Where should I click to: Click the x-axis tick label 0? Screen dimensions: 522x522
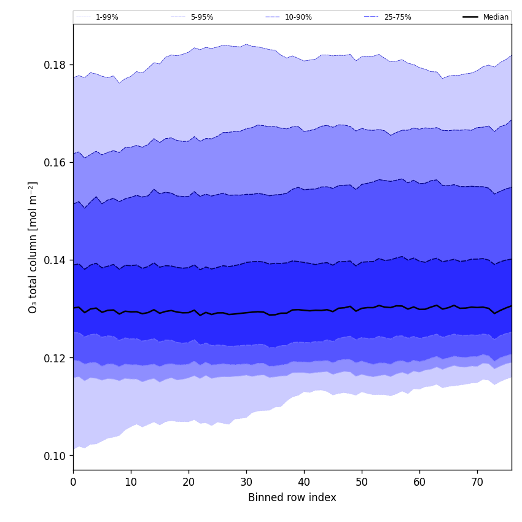coord(73,482)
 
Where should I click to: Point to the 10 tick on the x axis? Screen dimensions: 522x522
coord(131,482)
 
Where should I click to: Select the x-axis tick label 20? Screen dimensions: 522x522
coord(189,482)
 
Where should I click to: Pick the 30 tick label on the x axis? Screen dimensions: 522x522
coord(246,482)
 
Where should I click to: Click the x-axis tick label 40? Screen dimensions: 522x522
coord(304,482)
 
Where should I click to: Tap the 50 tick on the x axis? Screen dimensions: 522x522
coord(362,482)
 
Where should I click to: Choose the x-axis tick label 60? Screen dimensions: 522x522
coord(419,482)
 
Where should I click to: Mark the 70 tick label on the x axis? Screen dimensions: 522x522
coord(477,482)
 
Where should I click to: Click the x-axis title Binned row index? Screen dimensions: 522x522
coord(292,498)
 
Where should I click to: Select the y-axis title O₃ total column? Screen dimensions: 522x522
coord(33,247)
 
